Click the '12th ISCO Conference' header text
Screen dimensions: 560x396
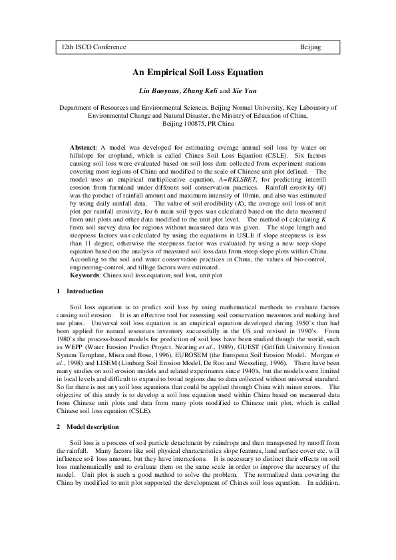click(94, 47)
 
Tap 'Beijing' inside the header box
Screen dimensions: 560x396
click(310, 47)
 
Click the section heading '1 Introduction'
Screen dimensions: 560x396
click(80, 292)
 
